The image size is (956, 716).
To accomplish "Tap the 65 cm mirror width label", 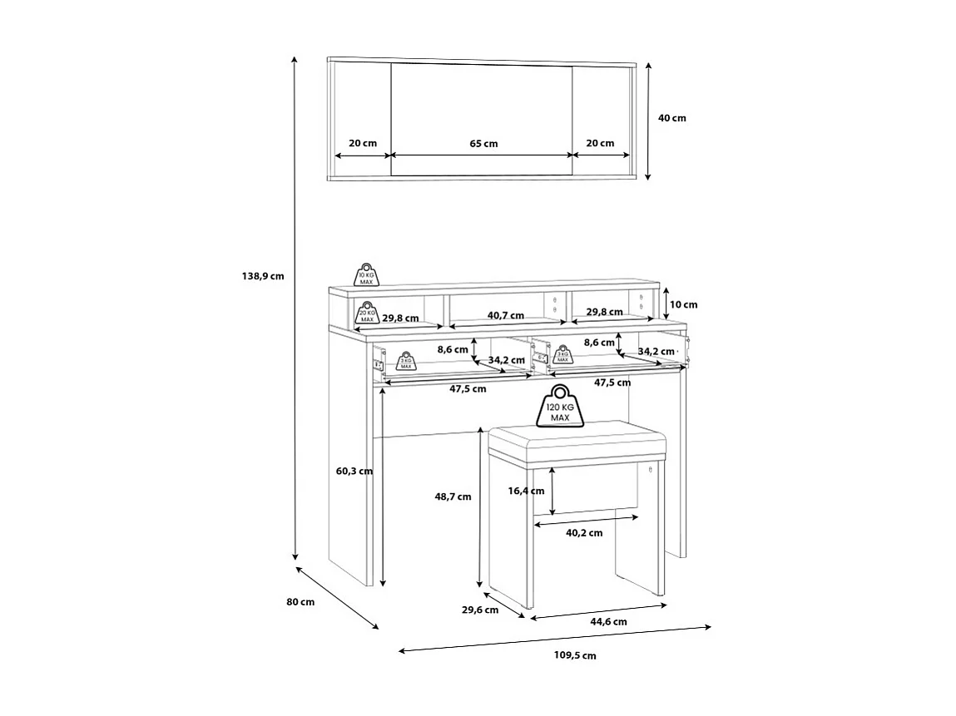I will (x=483, y=143).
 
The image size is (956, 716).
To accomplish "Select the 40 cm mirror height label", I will (x=672, y=118).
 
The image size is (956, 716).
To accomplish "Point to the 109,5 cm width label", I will (x=575, y=655).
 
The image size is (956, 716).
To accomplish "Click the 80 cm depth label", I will (x=301, y=602).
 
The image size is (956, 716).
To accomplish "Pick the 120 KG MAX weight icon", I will (x=559, y=407).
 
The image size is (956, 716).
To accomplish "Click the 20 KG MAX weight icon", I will (x=367, y=312).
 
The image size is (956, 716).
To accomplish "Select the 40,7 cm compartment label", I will (x=506, y=315).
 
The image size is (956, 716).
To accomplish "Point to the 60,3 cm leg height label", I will (x=354, y=472).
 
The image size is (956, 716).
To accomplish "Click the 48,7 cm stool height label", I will (x=453, y=496).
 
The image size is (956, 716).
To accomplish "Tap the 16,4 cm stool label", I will (x=527, y=491).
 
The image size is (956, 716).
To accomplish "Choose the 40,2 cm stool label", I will (x=584, y=533).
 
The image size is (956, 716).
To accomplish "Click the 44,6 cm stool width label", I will (x=608, y=621).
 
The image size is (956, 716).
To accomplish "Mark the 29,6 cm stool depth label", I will (x=479, y=610).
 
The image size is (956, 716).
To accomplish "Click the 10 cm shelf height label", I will (x=684, y=305).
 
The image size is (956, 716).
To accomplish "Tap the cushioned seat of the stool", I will (x=577, y=440).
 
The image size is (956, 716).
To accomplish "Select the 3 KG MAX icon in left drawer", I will (x=405, y=359).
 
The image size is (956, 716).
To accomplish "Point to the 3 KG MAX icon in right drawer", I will (x=562, y=355).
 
